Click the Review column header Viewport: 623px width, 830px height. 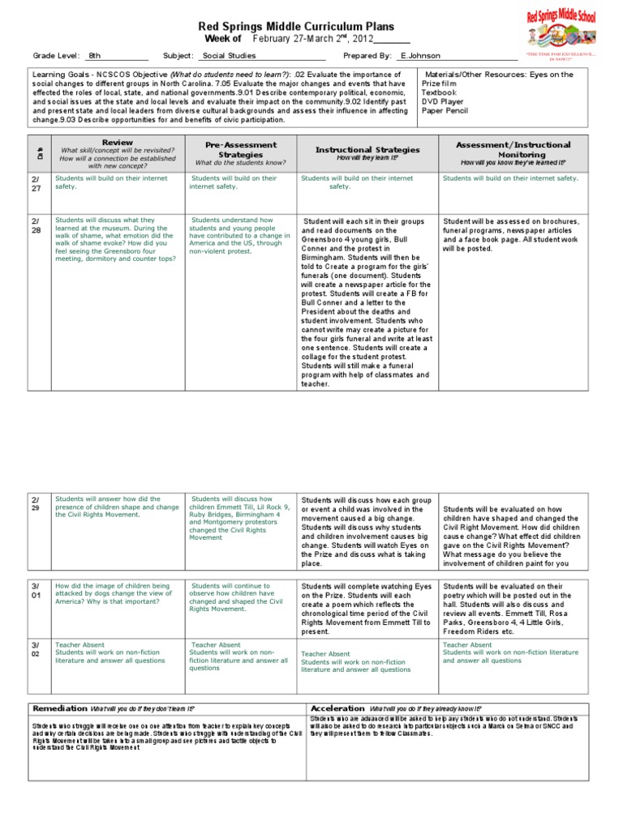tap(118, 142)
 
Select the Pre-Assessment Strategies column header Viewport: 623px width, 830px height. tap(241, 148)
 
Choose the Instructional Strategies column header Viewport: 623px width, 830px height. tap(367, 149)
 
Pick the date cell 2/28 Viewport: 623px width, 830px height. tap(36, 225)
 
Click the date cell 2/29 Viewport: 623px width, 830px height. tap(36, 503)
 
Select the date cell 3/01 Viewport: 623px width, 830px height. tap(36, 588)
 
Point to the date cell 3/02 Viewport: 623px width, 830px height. tap(36, 648)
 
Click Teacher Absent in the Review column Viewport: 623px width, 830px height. tap(78, 645)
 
